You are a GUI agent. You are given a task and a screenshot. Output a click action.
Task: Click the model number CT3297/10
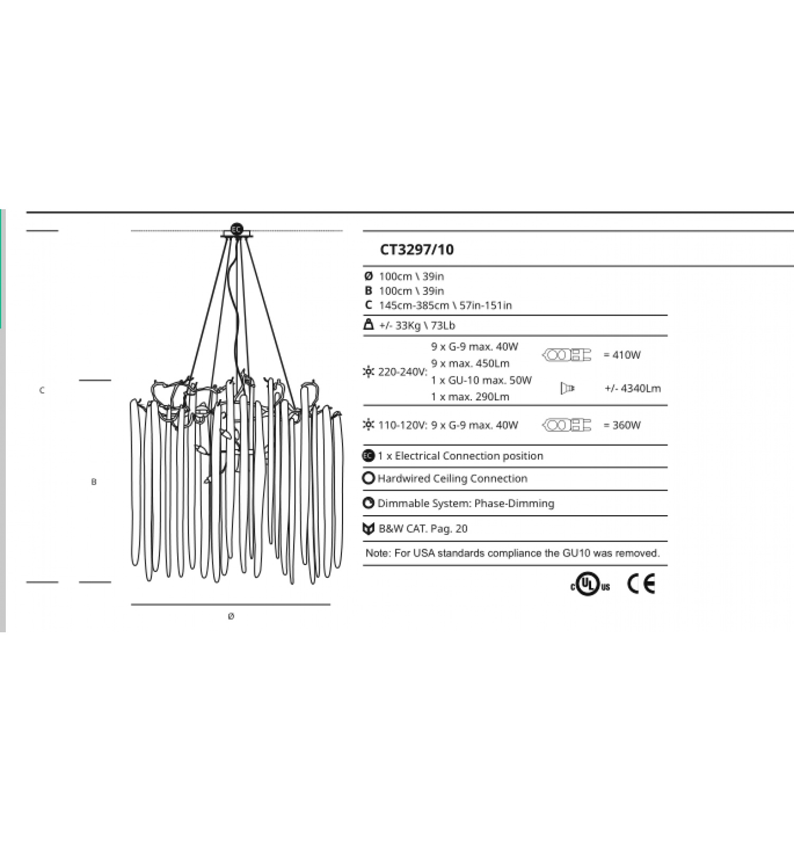[x=417, y=249]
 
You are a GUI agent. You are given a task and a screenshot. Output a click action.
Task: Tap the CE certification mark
[x=641, y=584]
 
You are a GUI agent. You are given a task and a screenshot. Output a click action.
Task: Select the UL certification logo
[x=590, y=585]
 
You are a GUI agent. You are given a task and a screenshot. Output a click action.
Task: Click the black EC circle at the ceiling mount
[x=237, y=230]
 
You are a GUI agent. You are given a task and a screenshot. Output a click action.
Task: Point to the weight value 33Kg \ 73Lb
[x=417, y=326]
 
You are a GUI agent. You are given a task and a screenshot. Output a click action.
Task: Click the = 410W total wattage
[x=622, y=355]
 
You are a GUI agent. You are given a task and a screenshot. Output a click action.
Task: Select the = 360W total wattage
[x=622, y=425]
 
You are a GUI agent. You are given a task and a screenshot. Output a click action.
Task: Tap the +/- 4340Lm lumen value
[x=633, y=388]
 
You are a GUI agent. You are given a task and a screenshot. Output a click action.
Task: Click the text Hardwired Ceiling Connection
[x=453, y=479]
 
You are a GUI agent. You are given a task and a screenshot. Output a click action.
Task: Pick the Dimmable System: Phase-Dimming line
[x=466, y=504]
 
